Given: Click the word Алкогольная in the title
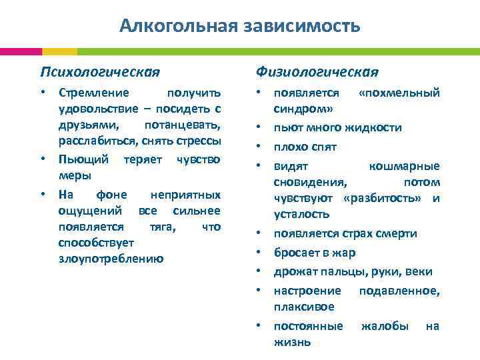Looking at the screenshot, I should [176, 26].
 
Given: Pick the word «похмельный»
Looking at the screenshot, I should [399, 93].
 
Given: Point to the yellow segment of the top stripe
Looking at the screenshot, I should [59, 51].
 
